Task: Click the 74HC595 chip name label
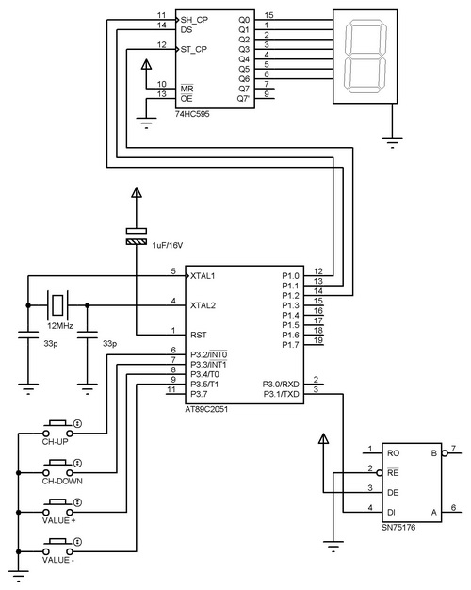pyautogui.click(x=192, y=114)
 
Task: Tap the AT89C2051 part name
pyautogui.click(x=206, y=409)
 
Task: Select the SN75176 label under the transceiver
pyautogui.click(x=398, y=527)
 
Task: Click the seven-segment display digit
pyautogui.click(x=365, y=57)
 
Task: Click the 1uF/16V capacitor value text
pyautogui.click(x=168, y=245)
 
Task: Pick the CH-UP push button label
pyautogui.click(x=55, y=442)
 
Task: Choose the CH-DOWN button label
pyautogui.click(x=62, y=481)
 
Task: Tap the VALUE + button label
pyautogui.click(x=58, y=520)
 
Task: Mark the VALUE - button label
pyautogui.click(x=58, y=560)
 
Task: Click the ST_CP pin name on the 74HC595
pyautogui.click(x=194, y=49)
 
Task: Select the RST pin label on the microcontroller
pyautogui.click(x=198, y=335)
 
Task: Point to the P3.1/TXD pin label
pyautogui.click(x=281, y=394)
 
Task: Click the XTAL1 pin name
pyautogui.click(x=203, y=276)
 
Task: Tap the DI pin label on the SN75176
pyautogui.click(x=391, y=512)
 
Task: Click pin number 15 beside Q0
pyautogui.click(x=269, y=15)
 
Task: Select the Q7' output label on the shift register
pyautogui.click(x=243, y=99)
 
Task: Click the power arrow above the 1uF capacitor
pyautogui.click(x=137, y=192)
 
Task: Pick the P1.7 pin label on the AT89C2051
pyautogui.click(x=290, y=345)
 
